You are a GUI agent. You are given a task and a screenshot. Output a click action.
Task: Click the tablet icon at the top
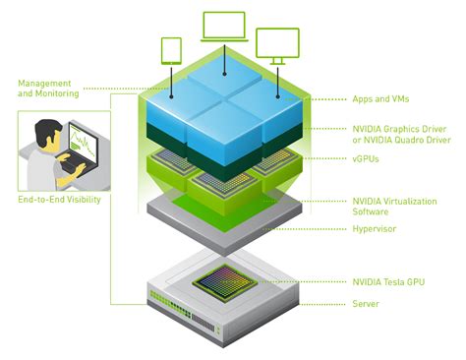(x=171, y=49)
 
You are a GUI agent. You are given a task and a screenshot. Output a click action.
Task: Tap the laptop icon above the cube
(x=226, y=28)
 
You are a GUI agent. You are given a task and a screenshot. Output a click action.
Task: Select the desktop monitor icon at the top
(x=276, y=45)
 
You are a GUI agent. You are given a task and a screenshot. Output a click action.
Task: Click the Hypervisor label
(x=375, y=228)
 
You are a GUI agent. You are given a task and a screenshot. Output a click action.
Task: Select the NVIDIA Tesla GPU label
(x=387, y=281)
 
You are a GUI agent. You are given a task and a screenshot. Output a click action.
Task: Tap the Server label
(x=365, y=304)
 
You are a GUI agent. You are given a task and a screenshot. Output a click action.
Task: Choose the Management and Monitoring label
(x=44, y=87)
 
